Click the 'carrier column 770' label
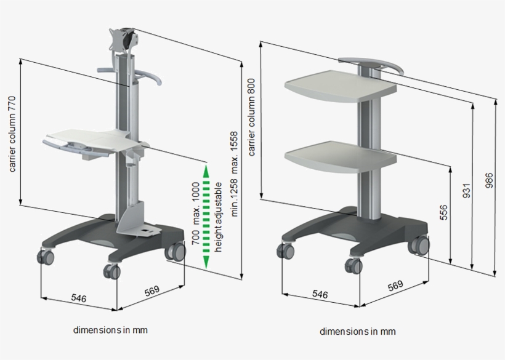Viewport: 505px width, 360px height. pos(12,134)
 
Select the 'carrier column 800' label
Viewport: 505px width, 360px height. pos(251,117)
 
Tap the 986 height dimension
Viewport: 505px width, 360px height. pos(489,180)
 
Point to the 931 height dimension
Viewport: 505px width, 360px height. pos(466,191)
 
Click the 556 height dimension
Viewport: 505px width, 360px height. pos(443,212)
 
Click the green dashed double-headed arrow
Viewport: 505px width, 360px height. pos(206,217)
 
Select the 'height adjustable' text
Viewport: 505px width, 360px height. pos(218,217)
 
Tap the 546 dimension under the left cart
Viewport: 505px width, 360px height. pos(79,298)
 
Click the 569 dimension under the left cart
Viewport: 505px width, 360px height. pos(152,290)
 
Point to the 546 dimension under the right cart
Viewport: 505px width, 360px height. pos(320,294)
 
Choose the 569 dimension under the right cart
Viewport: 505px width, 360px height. pos(395,286)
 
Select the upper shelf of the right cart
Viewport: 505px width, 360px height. pos(341,86)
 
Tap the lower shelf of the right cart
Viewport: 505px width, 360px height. pos(341,157)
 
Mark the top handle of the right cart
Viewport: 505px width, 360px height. pos(371,65)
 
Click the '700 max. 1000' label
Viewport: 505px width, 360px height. pos(195,214)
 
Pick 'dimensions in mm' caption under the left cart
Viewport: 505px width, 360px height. pos(110,330)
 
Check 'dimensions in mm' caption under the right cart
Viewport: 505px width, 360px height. pos(357,331)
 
